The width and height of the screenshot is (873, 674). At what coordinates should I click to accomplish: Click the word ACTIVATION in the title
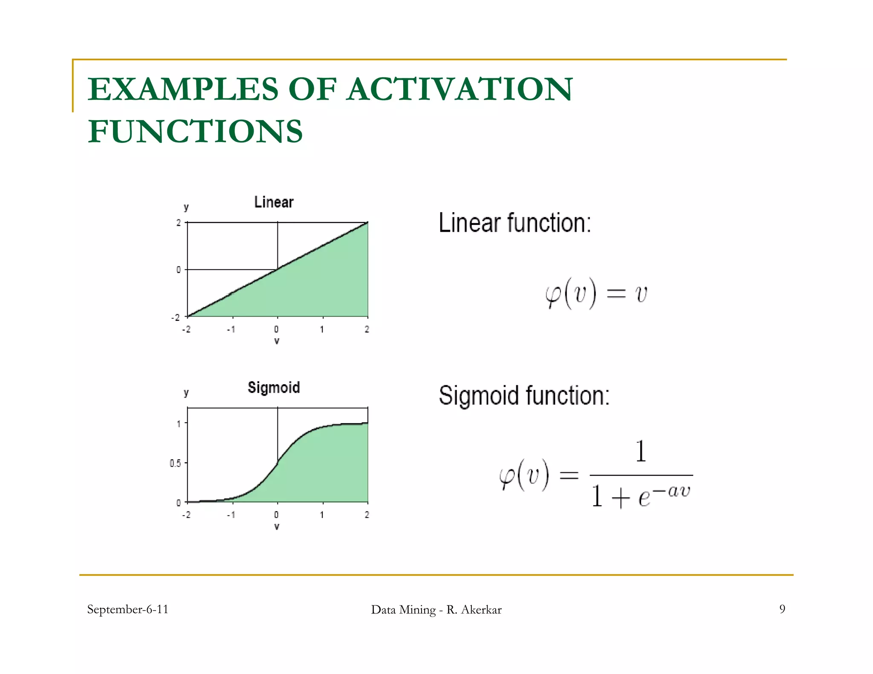[x=460, y=89]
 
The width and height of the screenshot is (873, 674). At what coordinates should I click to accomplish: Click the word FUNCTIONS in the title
[x=195, y=131]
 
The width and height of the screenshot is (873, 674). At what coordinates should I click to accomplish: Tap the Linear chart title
[x=274, y=202]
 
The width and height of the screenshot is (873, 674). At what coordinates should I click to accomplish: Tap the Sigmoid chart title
[x=274, y=387]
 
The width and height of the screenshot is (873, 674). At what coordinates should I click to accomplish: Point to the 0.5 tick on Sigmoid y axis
[x=175, y=463]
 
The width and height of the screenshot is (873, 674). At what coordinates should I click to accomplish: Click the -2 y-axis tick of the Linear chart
[x=175, y=318]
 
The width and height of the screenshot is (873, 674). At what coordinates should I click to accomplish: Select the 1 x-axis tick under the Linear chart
[x=322, y=329]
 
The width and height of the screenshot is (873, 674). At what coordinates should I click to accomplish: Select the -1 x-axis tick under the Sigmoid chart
[x=231, y=515]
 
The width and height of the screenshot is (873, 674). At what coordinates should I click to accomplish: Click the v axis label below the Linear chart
[x=277, y=341]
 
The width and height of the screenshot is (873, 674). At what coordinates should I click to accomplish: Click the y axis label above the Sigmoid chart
[x=186, y=392]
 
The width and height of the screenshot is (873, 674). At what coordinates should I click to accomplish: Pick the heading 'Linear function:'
[x=515, y=223]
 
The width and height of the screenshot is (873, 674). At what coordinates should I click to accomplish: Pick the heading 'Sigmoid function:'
[x=524, y=395]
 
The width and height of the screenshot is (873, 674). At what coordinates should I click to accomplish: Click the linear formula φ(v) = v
[x=596, y=294]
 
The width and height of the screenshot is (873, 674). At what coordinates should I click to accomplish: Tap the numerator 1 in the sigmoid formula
[x=640, y=452]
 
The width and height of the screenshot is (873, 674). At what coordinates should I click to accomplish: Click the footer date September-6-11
[x=127, y=609]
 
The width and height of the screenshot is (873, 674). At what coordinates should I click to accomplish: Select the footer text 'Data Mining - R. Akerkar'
[x=436, y=610]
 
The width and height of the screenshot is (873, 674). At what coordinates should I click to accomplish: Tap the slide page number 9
[x=782, y=609]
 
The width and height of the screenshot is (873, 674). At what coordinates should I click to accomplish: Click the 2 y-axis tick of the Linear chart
[x=178, y=223]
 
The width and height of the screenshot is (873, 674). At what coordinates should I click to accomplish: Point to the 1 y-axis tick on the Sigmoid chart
[x=179, y=423]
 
